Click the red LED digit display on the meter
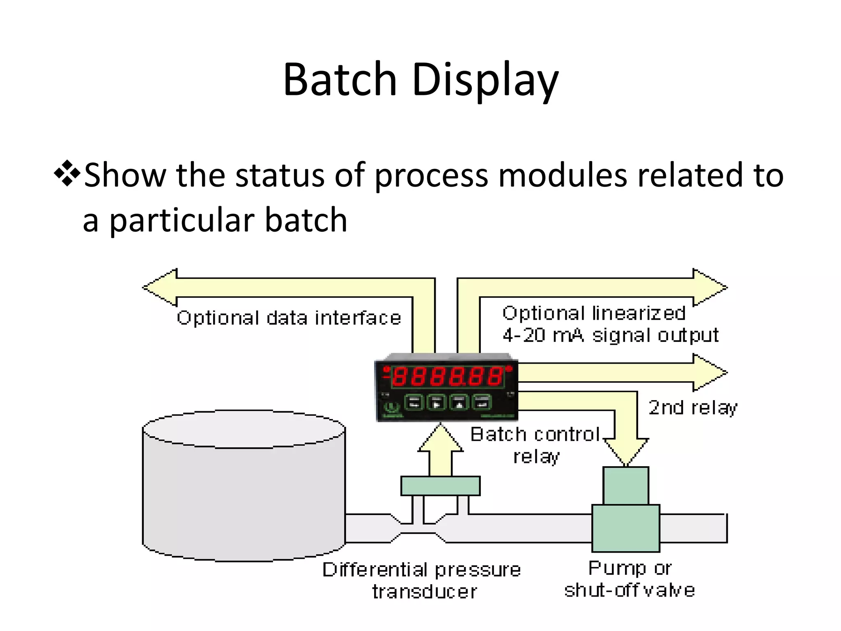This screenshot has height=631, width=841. (447, 376)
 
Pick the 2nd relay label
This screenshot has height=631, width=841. (693, 408)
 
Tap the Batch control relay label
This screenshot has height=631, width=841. (536, 445)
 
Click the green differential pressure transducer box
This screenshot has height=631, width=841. (440, 486)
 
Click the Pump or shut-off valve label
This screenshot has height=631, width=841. (630, 579)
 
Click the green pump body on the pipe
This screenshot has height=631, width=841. (626, 528)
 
